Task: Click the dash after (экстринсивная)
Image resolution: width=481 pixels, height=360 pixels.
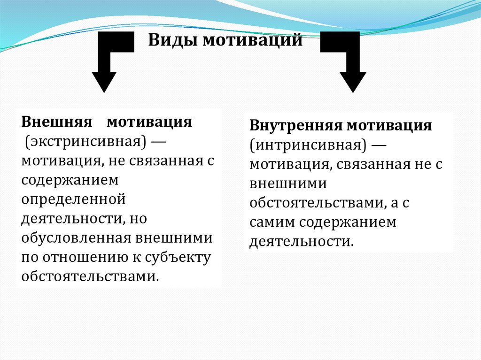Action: coord(167,141)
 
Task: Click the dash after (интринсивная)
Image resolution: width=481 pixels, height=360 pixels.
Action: coord(379,144)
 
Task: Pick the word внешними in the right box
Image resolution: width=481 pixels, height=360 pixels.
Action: coord(288,183)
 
